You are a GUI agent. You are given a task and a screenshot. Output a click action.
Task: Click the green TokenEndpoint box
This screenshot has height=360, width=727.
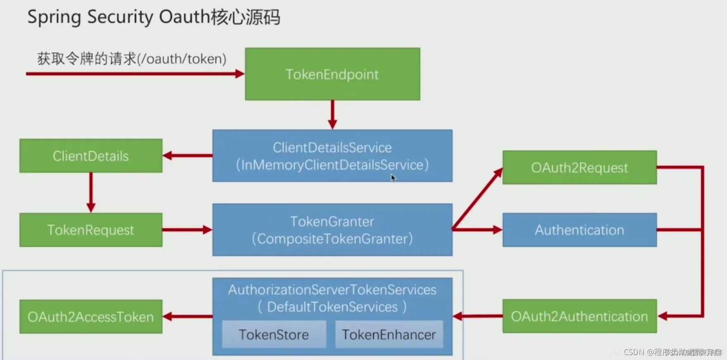coord(332,74)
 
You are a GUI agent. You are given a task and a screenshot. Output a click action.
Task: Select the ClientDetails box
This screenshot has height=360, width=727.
coord(91,156)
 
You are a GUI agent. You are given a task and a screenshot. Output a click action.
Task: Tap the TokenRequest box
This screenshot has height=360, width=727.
coord(91,230)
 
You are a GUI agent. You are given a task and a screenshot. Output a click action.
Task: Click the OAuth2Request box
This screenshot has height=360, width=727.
coord(579,167)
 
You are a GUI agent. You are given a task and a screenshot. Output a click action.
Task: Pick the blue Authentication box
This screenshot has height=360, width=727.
coord(579,230)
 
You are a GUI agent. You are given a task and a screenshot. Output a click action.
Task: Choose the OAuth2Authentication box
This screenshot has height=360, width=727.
coord(579,316)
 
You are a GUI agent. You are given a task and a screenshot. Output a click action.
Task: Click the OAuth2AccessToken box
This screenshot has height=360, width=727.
coord(91,317)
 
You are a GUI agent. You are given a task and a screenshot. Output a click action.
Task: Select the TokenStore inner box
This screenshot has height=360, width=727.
coord(274,334)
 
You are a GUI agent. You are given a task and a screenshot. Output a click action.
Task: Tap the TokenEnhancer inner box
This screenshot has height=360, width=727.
coord(389,334)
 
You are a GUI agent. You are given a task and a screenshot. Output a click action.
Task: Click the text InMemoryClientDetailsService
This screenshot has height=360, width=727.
coord(332,165)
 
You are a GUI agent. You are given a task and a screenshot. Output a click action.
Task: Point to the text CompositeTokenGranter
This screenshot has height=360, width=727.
coord(332,238)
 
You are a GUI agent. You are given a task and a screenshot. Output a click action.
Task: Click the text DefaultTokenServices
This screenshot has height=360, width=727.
coord(332,307)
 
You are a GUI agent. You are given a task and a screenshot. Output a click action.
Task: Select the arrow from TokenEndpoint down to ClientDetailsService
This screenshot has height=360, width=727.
coord(332,114)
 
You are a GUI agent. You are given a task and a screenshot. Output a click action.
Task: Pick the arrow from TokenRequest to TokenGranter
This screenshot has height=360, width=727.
coord(187,230)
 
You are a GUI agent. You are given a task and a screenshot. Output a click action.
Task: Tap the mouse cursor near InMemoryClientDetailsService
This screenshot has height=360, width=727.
coord(393,178)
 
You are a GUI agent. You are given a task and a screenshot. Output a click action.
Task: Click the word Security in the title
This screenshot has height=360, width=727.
coord(120,17)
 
